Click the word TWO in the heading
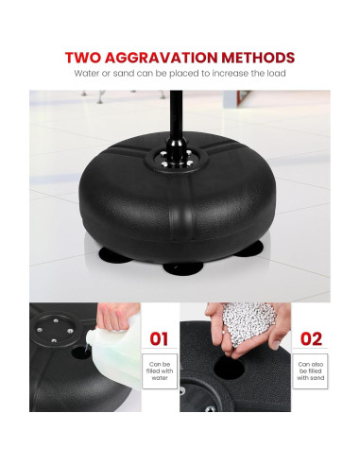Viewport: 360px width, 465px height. pyautogui.click(x=83, y=58)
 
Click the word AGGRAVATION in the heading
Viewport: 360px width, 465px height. pyautogui.click(x=161, y=58)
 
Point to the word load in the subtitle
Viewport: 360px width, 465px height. pyautogui.click(x=276, y=74)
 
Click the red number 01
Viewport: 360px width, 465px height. pyautogui.click(x=159, y=339)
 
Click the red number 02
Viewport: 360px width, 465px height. pyautogui.click(x=311, y=339)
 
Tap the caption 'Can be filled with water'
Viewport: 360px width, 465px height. pyautogui.click(x=160, y=370)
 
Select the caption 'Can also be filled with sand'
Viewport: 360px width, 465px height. pyautogui.click(x=310, y=370)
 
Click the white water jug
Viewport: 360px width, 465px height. pyautogui.click(x=116, y=353)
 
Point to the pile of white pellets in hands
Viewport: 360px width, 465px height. pyautogui.click(x=249, y=321)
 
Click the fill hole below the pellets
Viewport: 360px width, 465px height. pyautogui.click(x=229, y=368)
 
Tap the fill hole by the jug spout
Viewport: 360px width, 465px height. pyautogui.click(x=80, y=353)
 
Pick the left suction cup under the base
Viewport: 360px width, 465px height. pyautogui.click(x=115, y=254)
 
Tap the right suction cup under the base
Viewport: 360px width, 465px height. pyautogui.click(x=249, y=249)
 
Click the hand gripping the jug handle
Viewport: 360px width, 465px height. pyautogui.click(x=118, y=316)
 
